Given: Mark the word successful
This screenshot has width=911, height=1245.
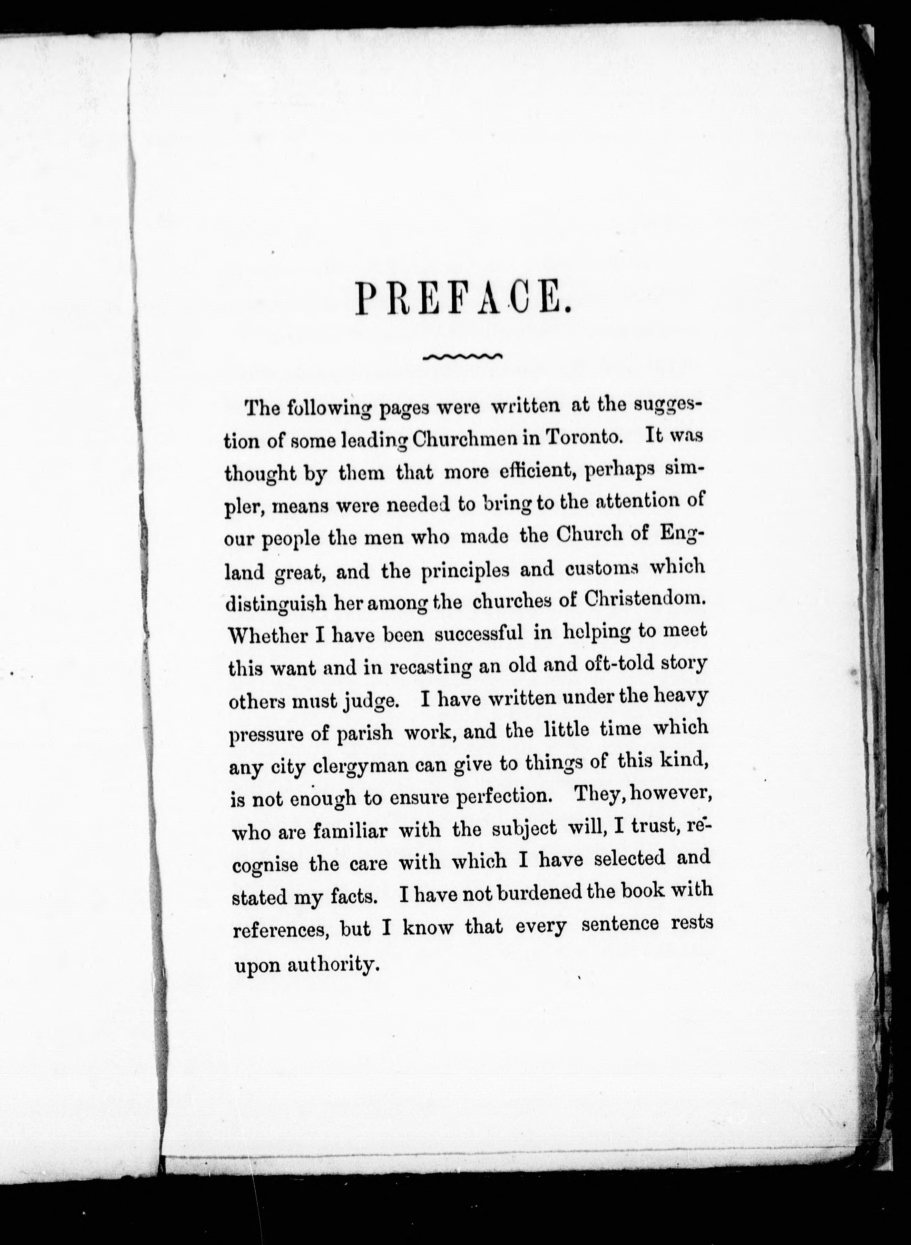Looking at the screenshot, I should pyautogui.click(x=479, y=634).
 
